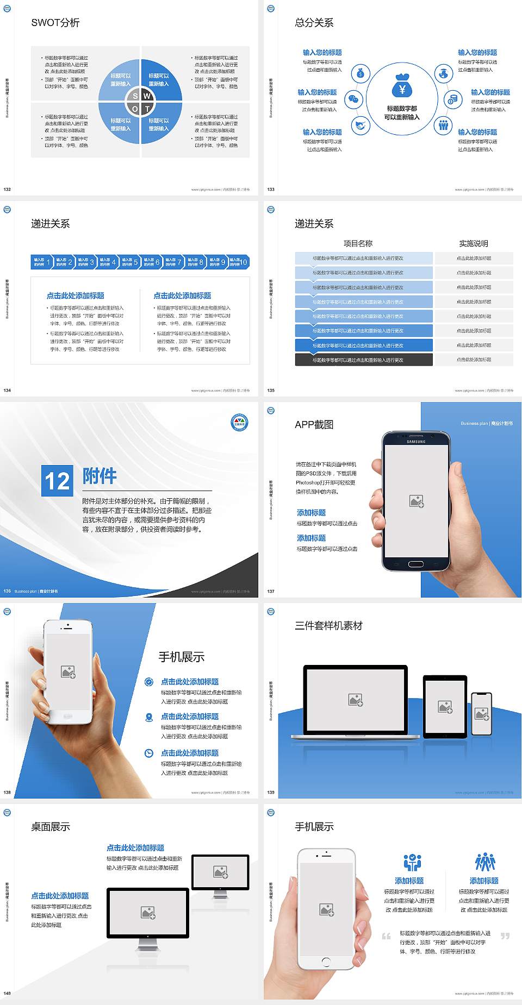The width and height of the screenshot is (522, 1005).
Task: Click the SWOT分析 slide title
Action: coord(55,23)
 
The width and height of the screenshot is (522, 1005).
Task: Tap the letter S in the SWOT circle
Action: coord(135,96)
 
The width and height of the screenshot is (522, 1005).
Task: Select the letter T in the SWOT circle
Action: coord(147,109)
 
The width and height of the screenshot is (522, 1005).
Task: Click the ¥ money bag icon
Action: coord(402,87)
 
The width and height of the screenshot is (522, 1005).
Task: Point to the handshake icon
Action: coord(360,125)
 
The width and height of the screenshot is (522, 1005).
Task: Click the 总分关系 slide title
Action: coord(314,23)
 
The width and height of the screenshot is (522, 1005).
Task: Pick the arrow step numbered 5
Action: coord(129,262)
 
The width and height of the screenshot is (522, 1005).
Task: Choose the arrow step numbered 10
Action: coord(239,262)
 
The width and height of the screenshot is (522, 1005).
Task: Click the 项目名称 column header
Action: coord(358,243)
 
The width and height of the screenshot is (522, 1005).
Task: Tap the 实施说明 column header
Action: coord(473,243)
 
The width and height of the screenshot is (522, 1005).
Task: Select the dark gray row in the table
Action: coord(364,360)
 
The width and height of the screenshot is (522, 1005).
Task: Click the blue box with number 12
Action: coord(57,481)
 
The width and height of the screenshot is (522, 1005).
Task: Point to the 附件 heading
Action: coord(100,476)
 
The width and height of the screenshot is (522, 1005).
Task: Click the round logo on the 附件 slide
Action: coord(239,422)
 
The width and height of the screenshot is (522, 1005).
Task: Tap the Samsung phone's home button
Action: coord(415,564)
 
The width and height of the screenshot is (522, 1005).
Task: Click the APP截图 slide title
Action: coord(314,425)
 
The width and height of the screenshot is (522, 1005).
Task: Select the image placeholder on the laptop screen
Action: coord(356,700)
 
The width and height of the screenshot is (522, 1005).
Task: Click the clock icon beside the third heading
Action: coord(149,753)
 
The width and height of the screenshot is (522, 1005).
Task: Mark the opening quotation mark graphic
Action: coord(386,936)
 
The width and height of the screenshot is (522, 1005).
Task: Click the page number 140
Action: coord(7,993)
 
